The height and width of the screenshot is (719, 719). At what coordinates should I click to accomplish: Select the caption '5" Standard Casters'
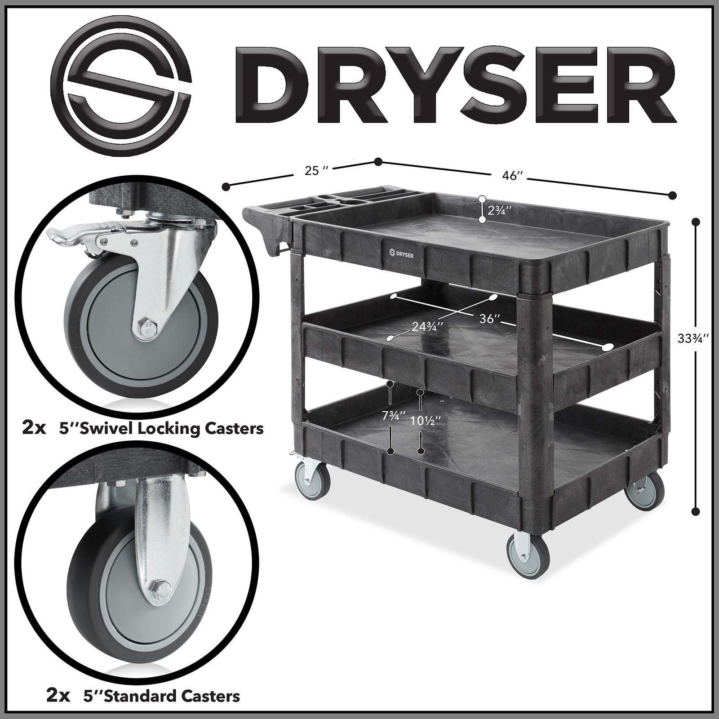point(162,697)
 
